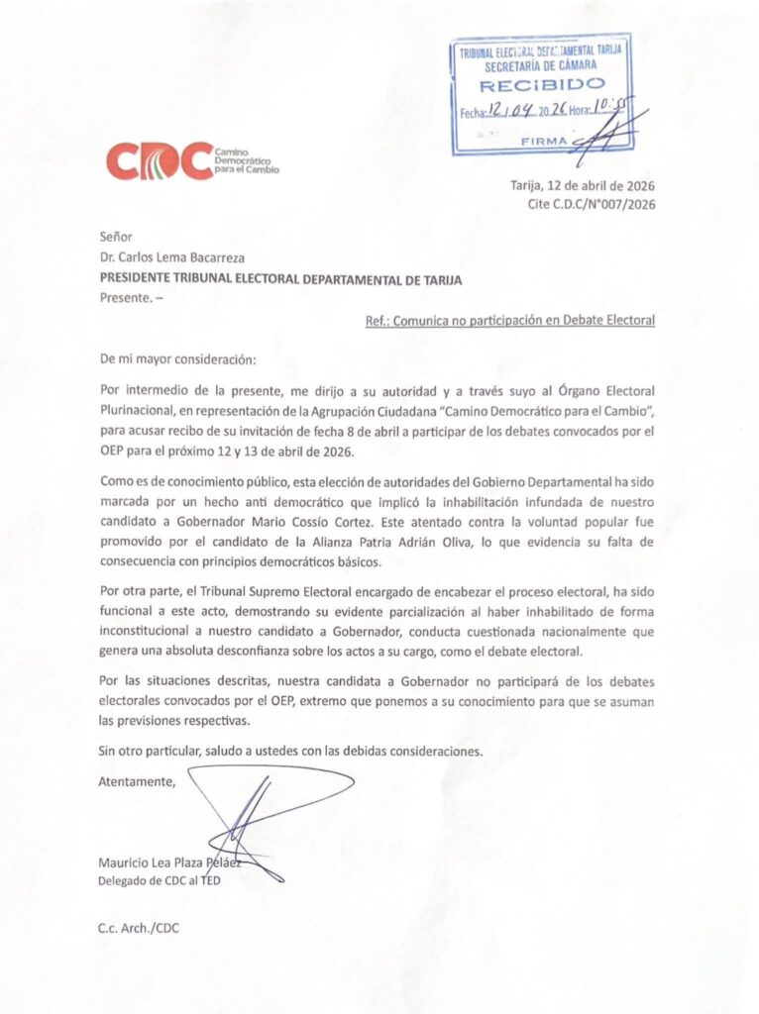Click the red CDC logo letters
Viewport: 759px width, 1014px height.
point(159,160)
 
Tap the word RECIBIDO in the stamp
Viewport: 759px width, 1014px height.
point(539,86)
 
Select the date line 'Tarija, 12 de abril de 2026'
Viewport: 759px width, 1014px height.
point(582,185)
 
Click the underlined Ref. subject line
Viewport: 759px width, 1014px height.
point(506,320)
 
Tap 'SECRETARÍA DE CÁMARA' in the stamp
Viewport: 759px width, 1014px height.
point(539,65)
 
